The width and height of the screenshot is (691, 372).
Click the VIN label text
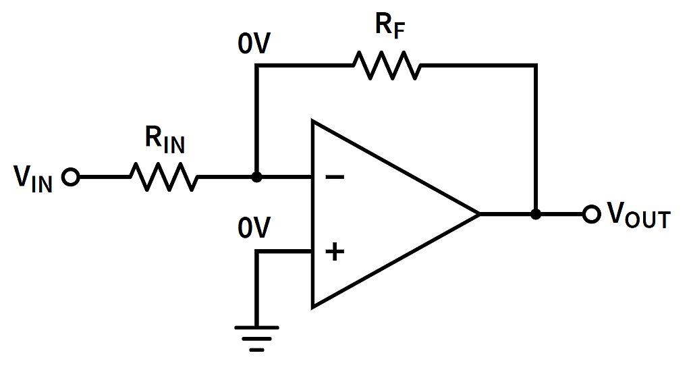tap(32, 179)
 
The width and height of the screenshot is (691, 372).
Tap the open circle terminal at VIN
tap(70, 178)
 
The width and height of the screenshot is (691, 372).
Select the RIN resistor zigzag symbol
tap(164, 178)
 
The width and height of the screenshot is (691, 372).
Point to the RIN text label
tap(165, 140)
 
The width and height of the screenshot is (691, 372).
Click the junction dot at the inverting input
tap(256, 178)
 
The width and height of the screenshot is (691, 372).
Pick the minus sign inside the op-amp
tap(334, 178)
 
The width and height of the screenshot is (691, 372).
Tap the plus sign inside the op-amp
tap(334, 252)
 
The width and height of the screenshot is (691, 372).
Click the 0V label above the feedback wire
tap(254, 44)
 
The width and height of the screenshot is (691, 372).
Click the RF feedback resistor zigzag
tap(386, 65)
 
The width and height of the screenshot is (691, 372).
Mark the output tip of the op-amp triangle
tap(479, 215)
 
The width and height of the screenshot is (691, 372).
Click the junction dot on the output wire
tap(536, 215)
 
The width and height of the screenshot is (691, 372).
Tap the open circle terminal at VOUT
tap(592, 215)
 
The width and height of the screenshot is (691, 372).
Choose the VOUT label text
tap(638, 215)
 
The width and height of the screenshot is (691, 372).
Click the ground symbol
tap(256, 338)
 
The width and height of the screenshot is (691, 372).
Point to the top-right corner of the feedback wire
tap(536, 65)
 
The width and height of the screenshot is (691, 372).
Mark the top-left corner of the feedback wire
tap(256, 65)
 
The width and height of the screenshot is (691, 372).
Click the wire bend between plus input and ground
tap(256, 252)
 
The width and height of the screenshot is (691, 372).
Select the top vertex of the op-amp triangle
tap(312, 122)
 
